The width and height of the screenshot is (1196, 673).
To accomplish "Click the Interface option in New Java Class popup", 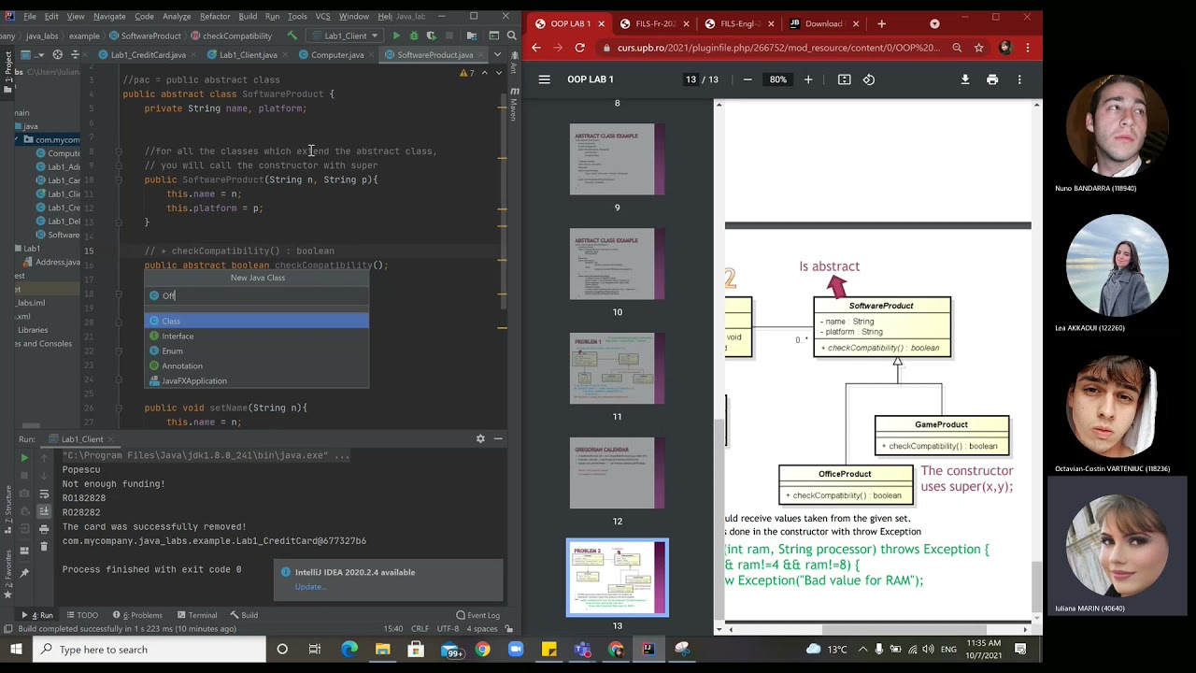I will tap(178, 336).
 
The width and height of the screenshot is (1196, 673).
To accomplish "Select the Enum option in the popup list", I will tap(173, 351).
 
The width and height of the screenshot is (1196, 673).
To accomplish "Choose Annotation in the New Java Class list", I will tap(182, 365).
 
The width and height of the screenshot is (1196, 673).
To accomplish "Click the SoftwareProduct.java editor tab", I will tap(434, 55).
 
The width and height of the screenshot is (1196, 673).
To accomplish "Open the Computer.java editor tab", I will tap(337, 55).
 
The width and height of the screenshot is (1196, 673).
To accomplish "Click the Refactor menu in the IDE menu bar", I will tap(214, 16).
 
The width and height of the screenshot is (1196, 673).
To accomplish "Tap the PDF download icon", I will tap(965, 79).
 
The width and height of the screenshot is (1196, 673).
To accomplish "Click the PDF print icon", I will tap(992, 79).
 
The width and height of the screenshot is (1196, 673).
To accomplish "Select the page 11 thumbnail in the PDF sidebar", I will tap(617, 368).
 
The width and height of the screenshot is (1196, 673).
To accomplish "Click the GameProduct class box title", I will tap(941, 424).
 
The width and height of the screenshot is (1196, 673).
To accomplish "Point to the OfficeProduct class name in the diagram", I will tap(845, 474).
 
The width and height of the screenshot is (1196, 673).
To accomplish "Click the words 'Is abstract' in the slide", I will tap(829, 266).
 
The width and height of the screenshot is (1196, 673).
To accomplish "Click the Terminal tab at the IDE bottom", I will tap(202, 615).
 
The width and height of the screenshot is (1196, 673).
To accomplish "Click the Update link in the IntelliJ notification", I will tap(310, 587).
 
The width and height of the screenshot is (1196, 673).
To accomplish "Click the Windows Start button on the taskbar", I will tap(16, 650).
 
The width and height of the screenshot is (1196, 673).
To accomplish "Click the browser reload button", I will tap(580, 48).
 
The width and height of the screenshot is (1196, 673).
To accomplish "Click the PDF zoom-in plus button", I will tap(808, 79).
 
